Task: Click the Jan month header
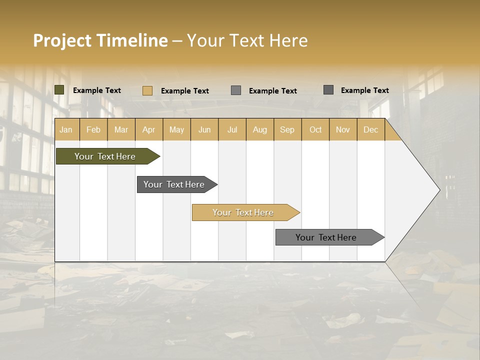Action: [66, 129]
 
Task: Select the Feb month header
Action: [93, 129]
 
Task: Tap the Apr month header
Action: [148, 129]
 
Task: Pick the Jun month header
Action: [204, 129]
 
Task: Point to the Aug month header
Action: [259, 129]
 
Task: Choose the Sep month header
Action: [287, 129]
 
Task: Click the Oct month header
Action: [315, 129]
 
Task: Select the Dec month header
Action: [370, 129]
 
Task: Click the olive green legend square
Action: [59, 90]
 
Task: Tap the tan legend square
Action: [147, 90]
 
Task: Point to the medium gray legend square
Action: [236, 90]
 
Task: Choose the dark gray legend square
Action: [328, 90]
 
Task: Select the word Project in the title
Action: [62, 40]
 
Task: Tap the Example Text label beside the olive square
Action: [97, 90]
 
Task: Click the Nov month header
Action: [343, 129]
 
